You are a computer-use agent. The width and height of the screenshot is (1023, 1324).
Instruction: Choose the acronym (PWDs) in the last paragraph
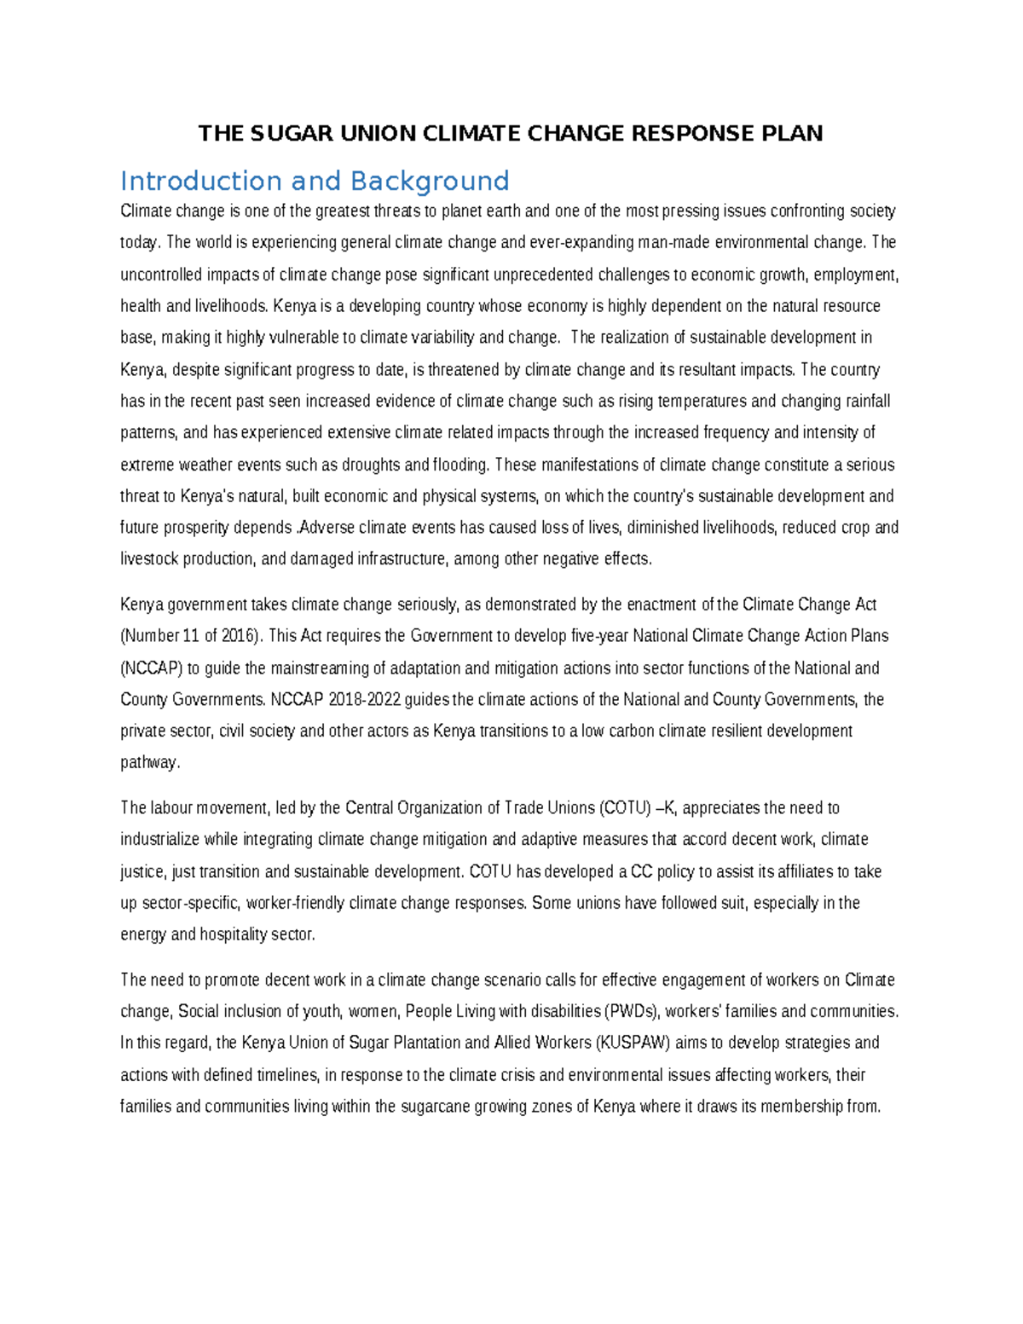click(x=632, y=1011)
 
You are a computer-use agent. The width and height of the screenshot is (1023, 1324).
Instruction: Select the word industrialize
click(x=160, y=839)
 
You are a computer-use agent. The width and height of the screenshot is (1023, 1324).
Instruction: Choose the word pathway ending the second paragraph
click(x=149, y=762)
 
